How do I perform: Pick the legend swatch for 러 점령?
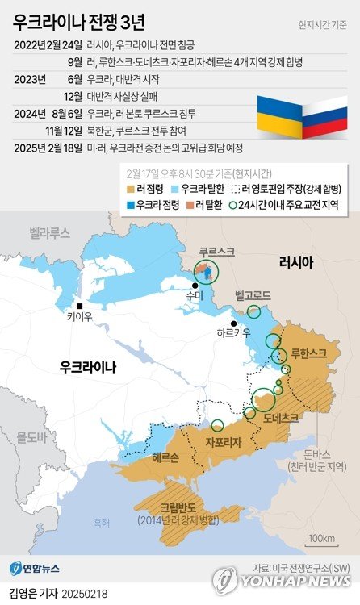click(x=133, y=189)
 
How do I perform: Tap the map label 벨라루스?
click(x=50, y=233)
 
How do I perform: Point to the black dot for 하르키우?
click(x=233, y=323)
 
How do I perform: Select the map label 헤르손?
click(x=165, y=457)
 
